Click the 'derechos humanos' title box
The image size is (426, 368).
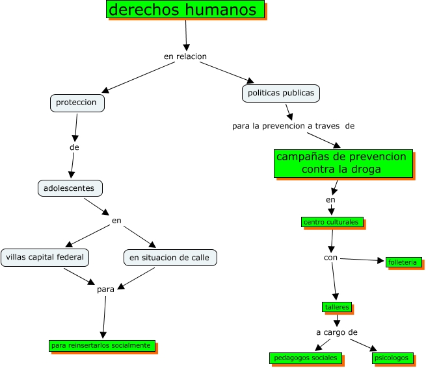pyautogui.click(x=185, y=10)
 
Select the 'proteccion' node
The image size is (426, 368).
pyautogui.click(x=77, y=103)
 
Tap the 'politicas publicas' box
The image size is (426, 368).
pyautogui.click(x=280, y=93)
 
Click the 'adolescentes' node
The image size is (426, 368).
pyautogui.click(x=70, y=188)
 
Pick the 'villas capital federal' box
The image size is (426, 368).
pyautogui.click(x=45, y=257)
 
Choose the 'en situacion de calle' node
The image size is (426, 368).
pyautogui.click(x=169, y=258)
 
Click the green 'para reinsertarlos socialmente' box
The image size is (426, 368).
pyautogui.click(x=101, y=345)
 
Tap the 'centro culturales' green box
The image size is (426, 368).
pyautogui.click(x=331, y=222)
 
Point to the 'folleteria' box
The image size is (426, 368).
pyautogui.click(x=404, y=262)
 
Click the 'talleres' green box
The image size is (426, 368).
pyautogui.click(x=336, y=306)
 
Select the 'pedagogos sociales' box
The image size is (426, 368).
pyautogui.click(x=306, y=358)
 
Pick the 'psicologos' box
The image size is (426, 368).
pyautogui.click(x=392, y=358)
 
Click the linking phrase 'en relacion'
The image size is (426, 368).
pyautogui.click(x=185, y=56)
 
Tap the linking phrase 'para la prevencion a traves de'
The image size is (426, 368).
pyautogui.click(x=293, y=125)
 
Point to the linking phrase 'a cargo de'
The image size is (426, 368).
pyautogui.click(x=337, y=332)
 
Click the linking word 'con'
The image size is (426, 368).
pyautogui.click(x=331, y=258)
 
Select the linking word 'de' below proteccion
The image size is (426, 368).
pyautogui.click(x=74, y=147)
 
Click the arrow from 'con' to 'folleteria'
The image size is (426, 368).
pyautogui.click(x=362, y=260)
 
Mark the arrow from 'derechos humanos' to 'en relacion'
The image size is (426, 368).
pyautogui.click(x=186, y=34)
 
